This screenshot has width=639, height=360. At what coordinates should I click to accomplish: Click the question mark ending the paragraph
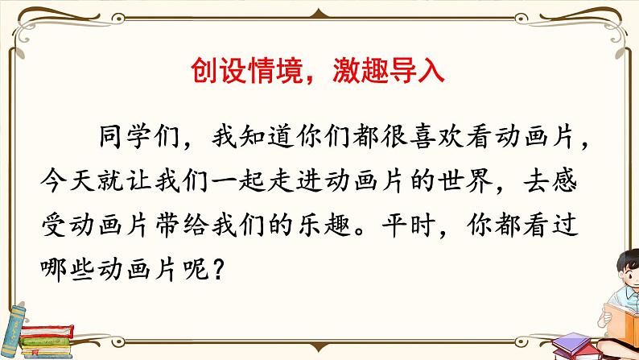pyautogui.click(x=216, y=261)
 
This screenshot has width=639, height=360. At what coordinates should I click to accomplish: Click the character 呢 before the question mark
pyautogui.click(x=194, y=261)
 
